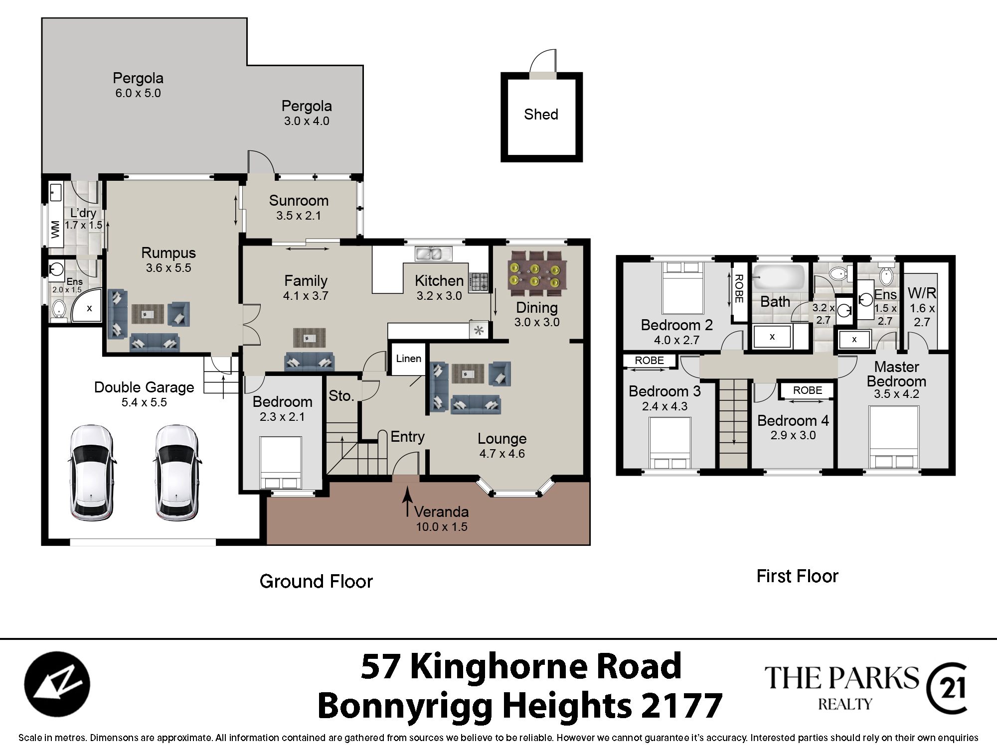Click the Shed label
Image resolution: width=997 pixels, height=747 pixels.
[x=541, y=115]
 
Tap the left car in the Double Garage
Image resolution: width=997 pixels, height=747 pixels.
[x=91, y=473]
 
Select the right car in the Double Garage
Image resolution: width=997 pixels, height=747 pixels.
[x=175, y=473]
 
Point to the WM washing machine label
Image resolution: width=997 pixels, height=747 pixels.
[x=55, y=229]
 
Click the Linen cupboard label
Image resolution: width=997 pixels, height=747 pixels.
[x=409, y=359]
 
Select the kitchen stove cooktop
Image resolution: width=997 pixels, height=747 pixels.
[x=479, y=281]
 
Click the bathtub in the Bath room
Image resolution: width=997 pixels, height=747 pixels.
[x=779, y=277]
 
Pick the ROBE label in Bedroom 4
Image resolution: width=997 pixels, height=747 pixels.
[x=808, y=390]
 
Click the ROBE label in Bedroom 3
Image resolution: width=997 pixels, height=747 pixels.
[x=649, y=361]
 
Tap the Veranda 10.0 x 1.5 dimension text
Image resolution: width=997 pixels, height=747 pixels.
[x=442, y=527]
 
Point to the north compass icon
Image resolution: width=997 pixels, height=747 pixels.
[x=57, y=684]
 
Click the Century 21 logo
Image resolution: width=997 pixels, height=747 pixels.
[x=947, y=688]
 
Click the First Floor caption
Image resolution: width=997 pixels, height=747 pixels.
[x=797, y=576]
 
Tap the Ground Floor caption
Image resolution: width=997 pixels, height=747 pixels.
[x=316, y=582]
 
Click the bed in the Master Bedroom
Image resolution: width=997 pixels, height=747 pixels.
[x=893, y=437]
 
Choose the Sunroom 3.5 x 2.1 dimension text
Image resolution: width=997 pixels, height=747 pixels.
[x=299, y=216]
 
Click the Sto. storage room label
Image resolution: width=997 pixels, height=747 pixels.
[x=341, y=396]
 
